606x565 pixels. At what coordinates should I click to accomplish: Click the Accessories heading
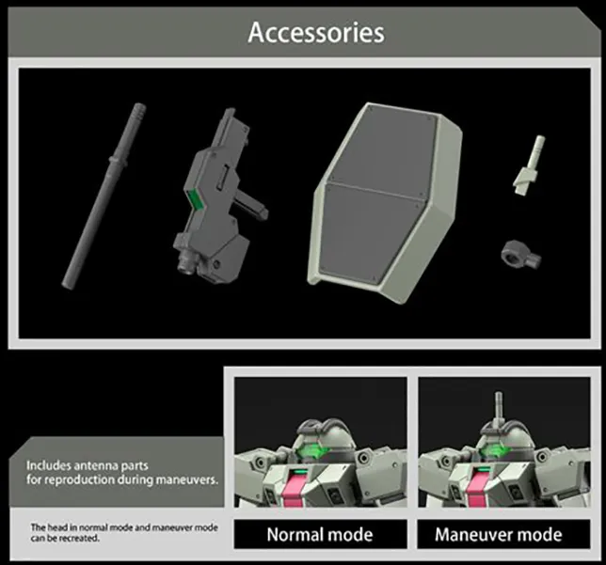316,33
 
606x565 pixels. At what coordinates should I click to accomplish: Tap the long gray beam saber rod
104,196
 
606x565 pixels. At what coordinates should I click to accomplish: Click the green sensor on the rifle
198,199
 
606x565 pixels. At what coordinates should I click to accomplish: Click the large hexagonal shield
385,202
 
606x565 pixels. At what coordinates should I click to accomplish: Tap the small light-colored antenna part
529,165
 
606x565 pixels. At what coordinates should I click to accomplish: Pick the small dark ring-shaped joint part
521,253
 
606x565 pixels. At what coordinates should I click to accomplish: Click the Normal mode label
320,535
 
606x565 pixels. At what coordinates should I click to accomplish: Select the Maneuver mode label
499,535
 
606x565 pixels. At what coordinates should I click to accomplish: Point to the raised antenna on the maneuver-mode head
499,407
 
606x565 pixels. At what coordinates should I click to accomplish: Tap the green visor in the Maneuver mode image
498,450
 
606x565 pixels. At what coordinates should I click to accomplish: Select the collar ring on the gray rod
118,160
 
